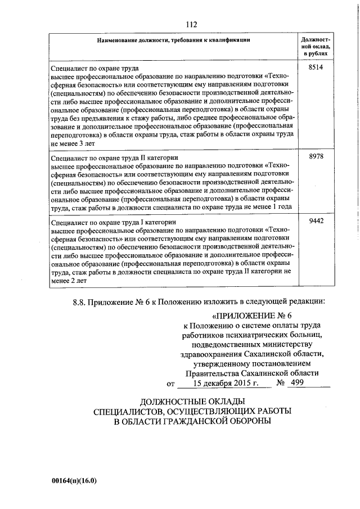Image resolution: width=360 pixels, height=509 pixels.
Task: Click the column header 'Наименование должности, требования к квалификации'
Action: [x=173, y=40]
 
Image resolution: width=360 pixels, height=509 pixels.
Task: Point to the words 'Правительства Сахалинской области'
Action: [x=247, y=373]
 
